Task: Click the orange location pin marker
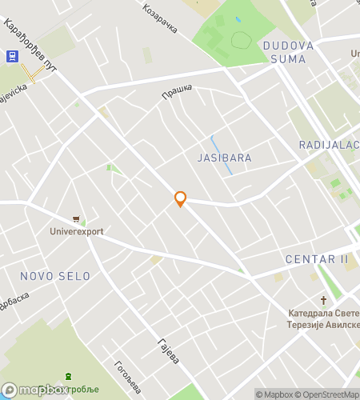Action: pyautogui.click(x=180, y=198)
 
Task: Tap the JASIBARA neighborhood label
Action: pyautogui.click(x=224, y=158)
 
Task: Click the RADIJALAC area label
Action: pyautogui.click(x=329, y=145)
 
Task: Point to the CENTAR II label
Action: pyautogui.click(x=317, y=259)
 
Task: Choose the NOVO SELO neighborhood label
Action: pyautogui.click(x=55, y=276)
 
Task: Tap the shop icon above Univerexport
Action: pyautogui.click(x=76, y=218)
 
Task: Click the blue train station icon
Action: pyautogui.click(x=11, y=55)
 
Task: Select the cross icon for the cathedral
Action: pyautogui.click(x=324, y=300)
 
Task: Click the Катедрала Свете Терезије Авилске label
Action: pyautogui.click(x=323, y=320)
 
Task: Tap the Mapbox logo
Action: pyautogui.click(x=34, y=390)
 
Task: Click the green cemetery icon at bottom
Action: pyautogui.click(x=69, y=376)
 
